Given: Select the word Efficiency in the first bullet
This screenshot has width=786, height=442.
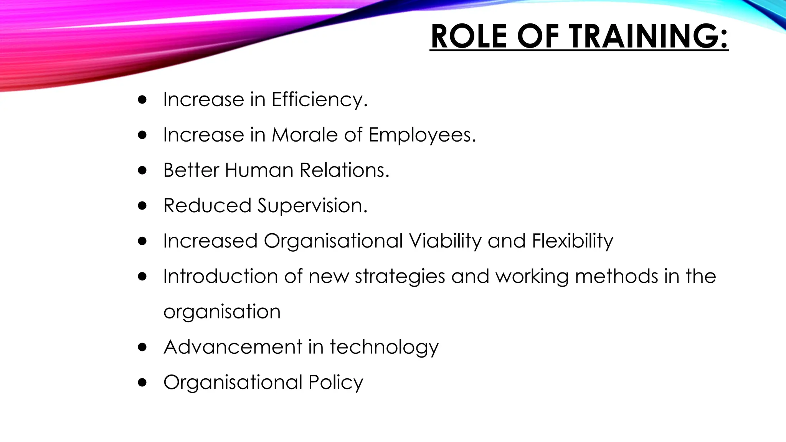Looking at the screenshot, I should click(319, 100).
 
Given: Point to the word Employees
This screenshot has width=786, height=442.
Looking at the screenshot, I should click(422, 135).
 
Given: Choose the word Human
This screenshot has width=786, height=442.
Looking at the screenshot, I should click(259, 170).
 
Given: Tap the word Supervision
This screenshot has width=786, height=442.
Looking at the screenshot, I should click(312, 206).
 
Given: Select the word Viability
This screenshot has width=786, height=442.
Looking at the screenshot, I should click(445, 241).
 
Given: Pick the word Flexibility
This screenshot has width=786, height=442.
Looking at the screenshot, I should click(572, 241).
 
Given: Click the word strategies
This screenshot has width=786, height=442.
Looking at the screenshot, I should click(400, 277).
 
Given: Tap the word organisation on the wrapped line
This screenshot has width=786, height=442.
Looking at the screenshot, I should click(222, 312).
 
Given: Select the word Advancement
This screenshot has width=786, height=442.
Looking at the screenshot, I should click(233, 347).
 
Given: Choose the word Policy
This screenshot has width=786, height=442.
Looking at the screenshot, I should click(335, 383).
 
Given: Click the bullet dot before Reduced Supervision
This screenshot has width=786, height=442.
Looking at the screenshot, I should click(142, 206).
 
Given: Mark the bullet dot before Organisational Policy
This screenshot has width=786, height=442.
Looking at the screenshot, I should click(142, 383).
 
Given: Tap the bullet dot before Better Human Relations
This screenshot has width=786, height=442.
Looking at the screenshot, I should click(142, 170).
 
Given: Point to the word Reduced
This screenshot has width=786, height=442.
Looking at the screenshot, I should click(207, 206).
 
